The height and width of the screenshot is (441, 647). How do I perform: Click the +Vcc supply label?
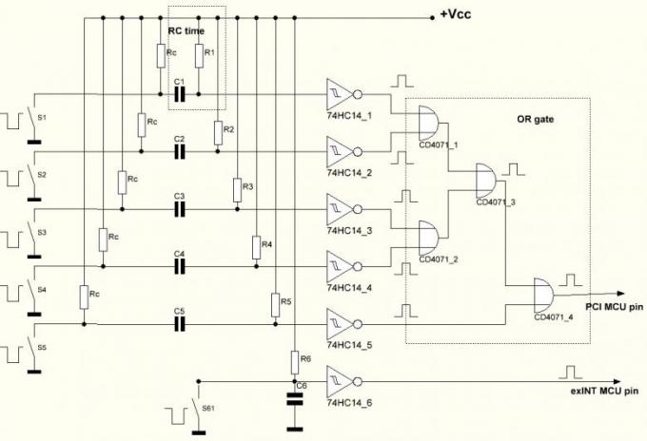coord(456,14)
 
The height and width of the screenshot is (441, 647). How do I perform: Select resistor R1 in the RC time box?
coord(199,56)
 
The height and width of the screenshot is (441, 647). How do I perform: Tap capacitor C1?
coord(179,94)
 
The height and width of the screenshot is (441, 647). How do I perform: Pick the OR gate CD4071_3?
coord(487,181)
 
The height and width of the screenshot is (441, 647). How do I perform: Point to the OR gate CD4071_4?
coord(544,295)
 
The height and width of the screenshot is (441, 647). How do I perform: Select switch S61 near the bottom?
coord(199,408)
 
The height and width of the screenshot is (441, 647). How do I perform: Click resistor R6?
coord(295,362)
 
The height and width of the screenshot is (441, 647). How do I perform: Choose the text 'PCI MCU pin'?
coord(615,307)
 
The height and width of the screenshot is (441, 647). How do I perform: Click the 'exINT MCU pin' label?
coord(604,392)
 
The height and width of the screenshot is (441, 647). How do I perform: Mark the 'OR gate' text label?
coord(535,119)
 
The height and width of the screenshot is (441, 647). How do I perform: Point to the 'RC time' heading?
coord(186,31)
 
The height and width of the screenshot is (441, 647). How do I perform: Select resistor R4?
coord(256,247)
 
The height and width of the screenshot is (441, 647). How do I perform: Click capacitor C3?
coord(179,210)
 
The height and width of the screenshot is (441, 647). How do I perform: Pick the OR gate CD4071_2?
coord(429,239)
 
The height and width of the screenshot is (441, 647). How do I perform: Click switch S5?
coord(33,348)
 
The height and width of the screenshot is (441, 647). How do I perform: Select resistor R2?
coord(218,133)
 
